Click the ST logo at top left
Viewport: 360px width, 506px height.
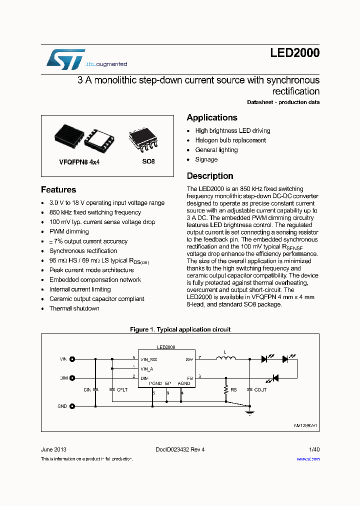pos(65,58)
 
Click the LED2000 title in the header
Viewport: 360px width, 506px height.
pos(294,53)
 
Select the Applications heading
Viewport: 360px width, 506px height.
pos(212,117)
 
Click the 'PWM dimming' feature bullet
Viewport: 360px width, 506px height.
pos(69,232)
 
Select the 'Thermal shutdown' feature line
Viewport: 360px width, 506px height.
pos(74,308)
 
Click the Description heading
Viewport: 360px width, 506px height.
pos(210,176)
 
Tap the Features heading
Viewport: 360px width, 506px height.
pos(58,190)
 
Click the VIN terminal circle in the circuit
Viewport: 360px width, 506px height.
pos(72,359)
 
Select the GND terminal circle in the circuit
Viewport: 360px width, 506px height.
pos(72,406)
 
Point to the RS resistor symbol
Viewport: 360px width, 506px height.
pos(226,389)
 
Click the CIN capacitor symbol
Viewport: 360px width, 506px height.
pos(96,389)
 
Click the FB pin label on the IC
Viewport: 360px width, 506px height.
pos(189,378)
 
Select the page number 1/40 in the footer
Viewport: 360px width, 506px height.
pos(314,449)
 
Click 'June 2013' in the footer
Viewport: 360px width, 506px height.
pos(53,449)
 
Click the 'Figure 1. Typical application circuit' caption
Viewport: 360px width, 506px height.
pos(180,330)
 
